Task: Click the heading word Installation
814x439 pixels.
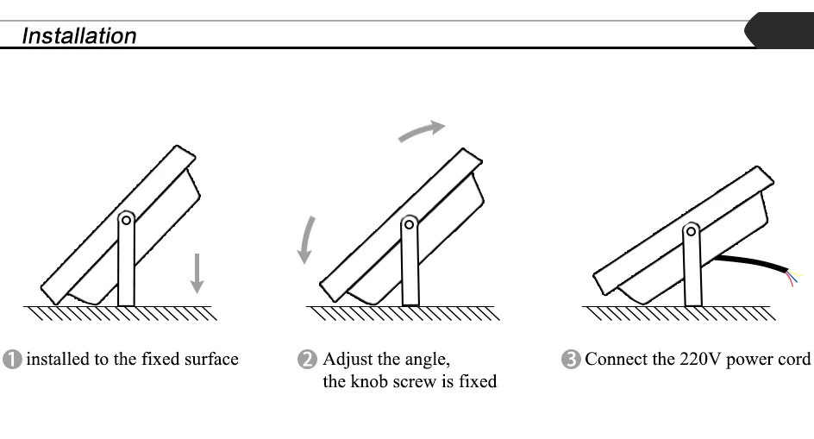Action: pos(78,36)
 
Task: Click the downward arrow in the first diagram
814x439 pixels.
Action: pos(197,272)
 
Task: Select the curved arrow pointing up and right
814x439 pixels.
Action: pos(421,130)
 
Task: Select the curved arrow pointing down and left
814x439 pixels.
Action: pos(306,239)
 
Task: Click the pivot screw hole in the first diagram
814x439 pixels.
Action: pos(126,220)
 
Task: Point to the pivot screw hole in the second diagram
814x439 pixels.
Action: pos(410,224)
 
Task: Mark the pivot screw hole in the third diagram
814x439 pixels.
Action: pos(692,231)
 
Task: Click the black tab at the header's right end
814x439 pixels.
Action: pos(780,30)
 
